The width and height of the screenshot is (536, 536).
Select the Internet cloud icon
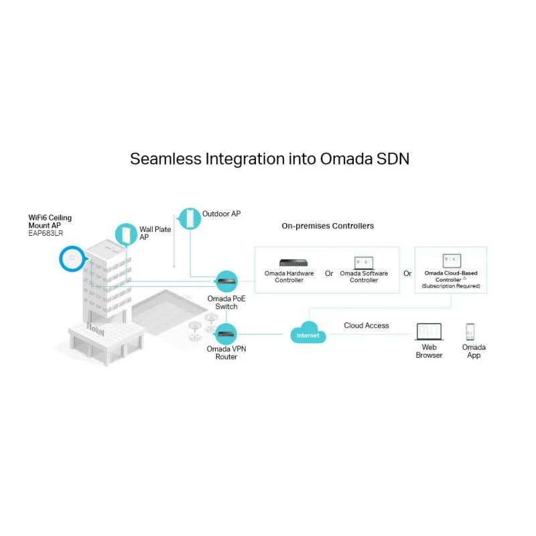308,334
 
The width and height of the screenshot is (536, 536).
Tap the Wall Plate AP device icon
125,233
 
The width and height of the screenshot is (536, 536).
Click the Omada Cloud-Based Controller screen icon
452,261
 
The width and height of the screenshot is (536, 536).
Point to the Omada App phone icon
470,332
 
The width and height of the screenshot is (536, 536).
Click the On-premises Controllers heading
328,226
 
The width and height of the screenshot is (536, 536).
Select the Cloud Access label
366,326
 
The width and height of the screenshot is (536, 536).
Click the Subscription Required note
450,286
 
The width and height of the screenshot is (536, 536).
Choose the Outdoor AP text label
221,214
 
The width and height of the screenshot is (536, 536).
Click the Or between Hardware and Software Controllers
329,273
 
